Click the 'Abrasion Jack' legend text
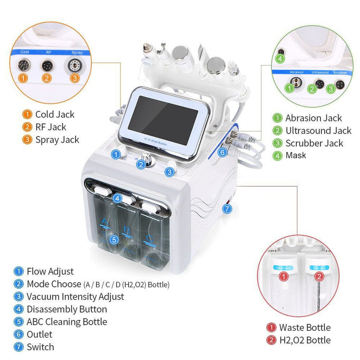(x=313, y=118)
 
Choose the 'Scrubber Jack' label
(x=314, y=144)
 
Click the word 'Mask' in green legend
(x=296, y=155)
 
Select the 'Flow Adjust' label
(x=50, y=271)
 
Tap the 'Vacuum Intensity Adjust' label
(x=75, y=297)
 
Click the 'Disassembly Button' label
(x=67, y=309)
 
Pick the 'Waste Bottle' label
(x=305, y=327)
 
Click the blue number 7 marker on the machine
(x=227, y=208)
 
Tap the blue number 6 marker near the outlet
(x=222, y=152)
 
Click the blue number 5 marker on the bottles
(x=114, y=240)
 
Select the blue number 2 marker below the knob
(x=141, y=165)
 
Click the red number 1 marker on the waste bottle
(x=283, y=277)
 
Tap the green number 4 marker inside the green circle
(x=280, y=58)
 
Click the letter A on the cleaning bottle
(x=104, y=221)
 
